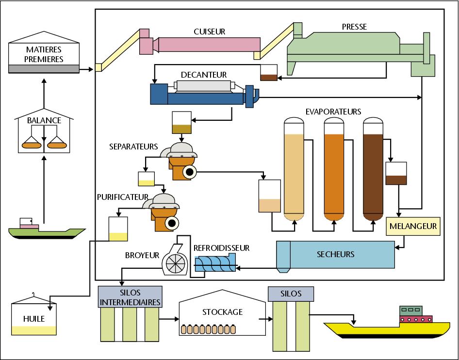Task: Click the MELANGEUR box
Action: pyautogui.click(x=413, y=226)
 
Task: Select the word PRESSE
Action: pyautogui.click(x=354, y=27)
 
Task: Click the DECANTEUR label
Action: pyautogui.click(x=204, y=75)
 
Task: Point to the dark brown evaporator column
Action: pyautogui.click(x=373, y=169)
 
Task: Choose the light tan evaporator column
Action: pyautogui.click(x=294, y=169)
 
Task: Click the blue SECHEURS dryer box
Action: pyautogui.click(x=335, y=255)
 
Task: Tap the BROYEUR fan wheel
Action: pyautogui.click(x=176, y=263)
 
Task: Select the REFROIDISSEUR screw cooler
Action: pyautogui.click(x=215, y=263)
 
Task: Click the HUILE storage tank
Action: pyautogui.click(x=34, y=316)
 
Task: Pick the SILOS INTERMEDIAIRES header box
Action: pyautogui.click(x=130, y=297)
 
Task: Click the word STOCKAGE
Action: pyautogui.click(x=223, y=312)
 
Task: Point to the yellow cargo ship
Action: pyautogui.click(x=387, y=325)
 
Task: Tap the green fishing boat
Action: pyautogui.click(x=47, y=230)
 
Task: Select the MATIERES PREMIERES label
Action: pyautogui.click(x=44, y=54)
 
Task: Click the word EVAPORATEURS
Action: pyautogui.click(x=333, y=112)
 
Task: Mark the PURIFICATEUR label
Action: pyautogui.click(x=123, y=197)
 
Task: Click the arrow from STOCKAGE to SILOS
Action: pyautogui.click(x=265, y=319)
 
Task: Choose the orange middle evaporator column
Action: pyautogui.click(x=334, y=169)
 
